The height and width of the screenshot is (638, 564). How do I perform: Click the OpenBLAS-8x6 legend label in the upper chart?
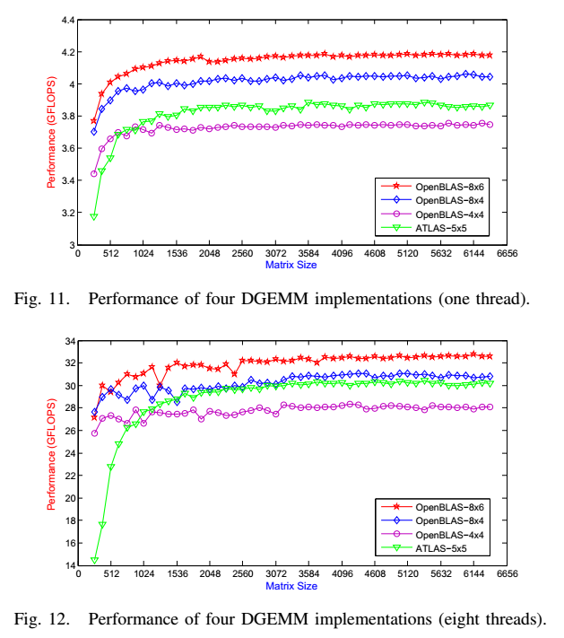coord(449,187)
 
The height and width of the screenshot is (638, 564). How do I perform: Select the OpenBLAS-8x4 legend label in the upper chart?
coord(449,200)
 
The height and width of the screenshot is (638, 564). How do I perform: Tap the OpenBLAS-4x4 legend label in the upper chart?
coord(449,214)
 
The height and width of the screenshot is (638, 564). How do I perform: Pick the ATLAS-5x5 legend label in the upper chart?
coord(440,228)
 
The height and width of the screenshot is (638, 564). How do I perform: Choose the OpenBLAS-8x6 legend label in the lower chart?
coord(449,507)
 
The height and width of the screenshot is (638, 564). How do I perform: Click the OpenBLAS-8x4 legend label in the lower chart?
coord(449,520)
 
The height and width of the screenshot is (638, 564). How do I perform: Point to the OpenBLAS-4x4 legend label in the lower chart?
coord(449,535)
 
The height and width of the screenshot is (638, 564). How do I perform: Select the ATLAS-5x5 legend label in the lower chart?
coord(440,548)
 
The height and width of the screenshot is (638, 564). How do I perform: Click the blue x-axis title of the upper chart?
coord(291,265)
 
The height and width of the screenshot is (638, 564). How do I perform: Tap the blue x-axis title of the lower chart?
coord(291,585)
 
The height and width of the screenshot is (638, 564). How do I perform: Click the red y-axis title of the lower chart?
coord(51,453)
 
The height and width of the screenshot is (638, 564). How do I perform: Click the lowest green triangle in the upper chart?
coord(93,217)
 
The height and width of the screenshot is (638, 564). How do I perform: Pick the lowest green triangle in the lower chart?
coord(93,562)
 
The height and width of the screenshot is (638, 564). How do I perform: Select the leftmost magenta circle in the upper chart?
coord(93,173)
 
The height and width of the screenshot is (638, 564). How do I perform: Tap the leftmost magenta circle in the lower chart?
coord(93,433)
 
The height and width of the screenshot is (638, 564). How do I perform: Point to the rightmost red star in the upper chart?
coord(490,55)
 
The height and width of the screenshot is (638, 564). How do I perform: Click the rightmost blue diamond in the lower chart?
coord(490,377)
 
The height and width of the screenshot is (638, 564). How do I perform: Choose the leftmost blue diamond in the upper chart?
coord(93,132)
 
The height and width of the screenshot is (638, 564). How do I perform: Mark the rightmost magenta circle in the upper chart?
coord(490,124)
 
